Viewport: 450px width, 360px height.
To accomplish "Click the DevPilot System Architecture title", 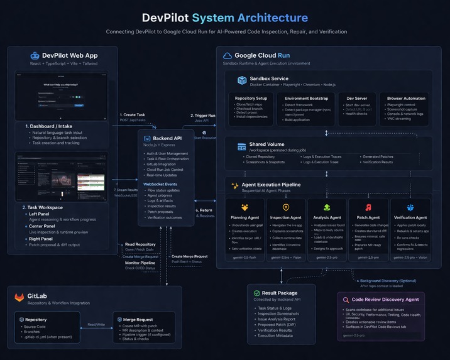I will tap(225, 18).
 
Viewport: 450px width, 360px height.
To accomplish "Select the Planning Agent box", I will tap(244, 227).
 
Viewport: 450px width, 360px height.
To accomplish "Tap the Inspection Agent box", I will tap(286, 227).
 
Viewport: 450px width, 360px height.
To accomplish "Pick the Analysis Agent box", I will tap(327, 227).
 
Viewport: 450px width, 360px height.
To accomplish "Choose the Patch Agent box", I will tap(368, 227).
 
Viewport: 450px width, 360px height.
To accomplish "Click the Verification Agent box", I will tap(410, 227).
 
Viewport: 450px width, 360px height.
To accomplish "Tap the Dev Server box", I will tap(356, 108).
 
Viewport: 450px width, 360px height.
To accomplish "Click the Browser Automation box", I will tap(405, 108).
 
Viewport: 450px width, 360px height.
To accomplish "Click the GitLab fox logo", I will tap(19, 297).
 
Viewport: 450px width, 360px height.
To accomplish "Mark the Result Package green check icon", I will tap(256, 293).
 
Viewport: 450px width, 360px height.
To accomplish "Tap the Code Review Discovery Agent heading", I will tap(385, 300).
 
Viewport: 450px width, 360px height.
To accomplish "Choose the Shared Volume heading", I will tap(266, 144).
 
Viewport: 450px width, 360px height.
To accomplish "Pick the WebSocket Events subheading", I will tap(163, 184).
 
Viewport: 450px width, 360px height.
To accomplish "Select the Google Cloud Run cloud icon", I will tap(228, 56).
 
